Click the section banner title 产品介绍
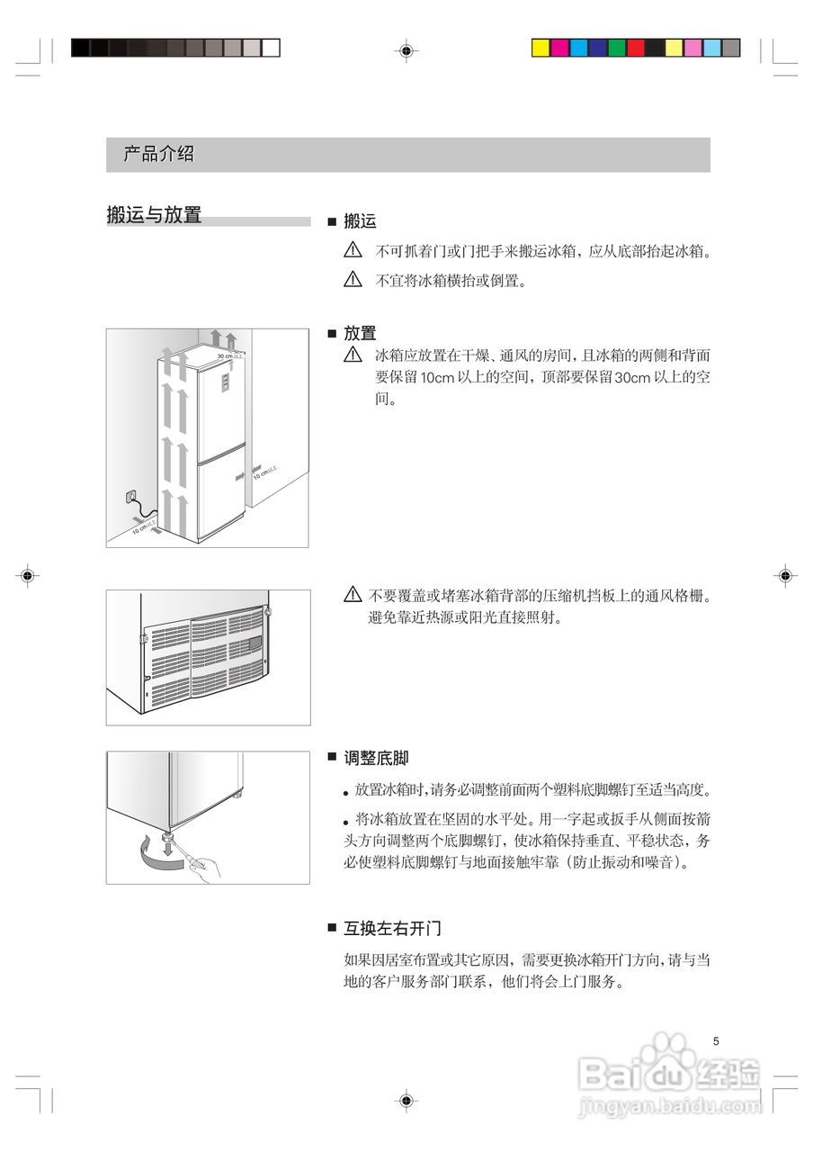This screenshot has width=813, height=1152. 158,154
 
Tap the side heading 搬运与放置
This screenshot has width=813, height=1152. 154,215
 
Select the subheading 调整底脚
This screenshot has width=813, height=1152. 375,759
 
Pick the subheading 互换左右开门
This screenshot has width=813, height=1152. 392,928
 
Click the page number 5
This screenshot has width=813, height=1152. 716,1041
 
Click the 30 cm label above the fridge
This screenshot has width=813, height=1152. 230,356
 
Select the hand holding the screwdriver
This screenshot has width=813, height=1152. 206,868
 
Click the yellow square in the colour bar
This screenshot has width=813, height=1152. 541,49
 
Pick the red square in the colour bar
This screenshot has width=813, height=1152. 636,49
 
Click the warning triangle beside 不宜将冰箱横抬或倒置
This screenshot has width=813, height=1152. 353,279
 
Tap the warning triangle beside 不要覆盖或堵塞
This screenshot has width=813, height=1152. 353,595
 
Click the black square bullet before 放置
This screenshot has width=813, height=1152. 331,334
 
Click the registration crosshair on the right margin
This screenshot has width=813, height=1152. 785,574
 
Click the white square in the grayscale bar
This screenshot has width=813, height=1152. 271,49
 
